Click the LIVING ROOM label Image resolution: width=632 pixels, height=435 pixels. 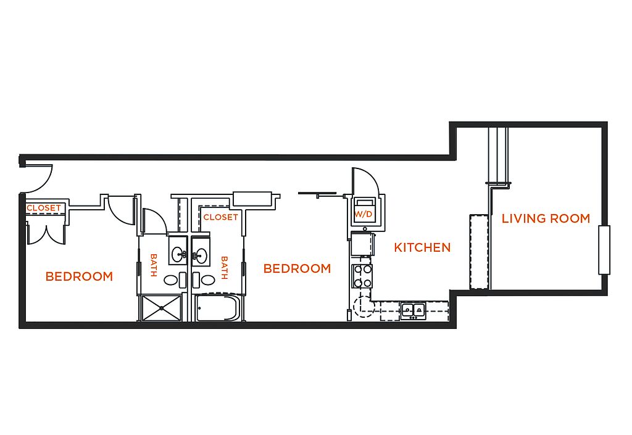tap(546, 218)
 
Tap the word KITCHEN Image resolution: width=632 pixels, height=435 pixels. tap(422, 247)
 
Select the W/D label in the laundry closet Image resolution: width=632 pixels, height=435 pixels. tap(363, 214)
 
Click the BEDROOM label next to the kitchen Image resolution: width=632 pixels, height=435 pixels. tap(297, 268)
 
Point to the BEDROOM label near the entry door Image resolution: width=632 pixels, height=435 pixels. tap(79, 276)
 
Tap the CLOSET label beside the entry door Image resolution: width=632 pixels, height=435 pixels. tap(44, 208)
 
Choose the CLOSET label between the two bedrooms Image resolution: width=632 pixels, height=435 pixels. tap(220, 217)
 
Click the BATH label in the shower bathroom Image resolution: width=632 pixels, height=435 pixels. tap(153, 265)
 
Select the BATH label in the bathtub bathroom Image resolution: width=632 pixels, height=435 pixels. tap(225, 267)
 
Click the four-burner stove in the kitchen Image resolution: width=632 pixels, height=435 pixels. tap(362, 276)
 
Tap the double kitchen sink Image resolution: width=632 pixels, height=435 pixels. tap(413, 310)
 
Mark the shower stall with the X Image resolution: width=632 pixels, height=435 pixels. tap(161, 308)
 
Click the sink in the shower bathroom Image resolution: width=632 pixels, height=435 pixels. tap(178, 254)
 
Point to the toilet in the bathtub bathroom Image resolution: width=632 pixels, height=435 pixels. tap(204, 280)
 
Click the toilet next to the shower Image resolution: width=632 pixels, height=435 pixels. tap(175, 280)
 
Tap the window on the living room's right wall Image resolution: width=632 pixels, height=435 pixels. tap(604, 250)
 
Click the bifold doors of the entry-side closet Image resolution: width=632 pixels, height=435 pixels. tap(46, 234)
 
